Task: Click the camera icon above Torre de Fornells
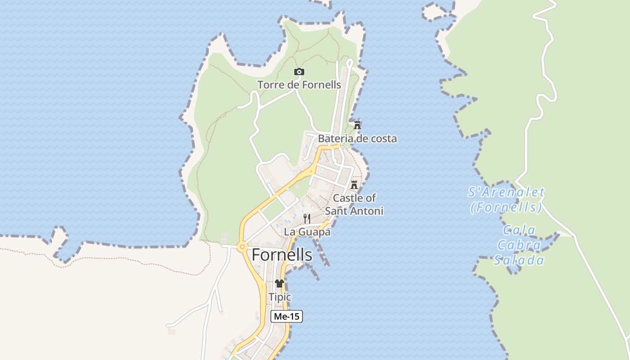[299, 72]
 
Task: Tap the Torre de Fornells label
[299, 85]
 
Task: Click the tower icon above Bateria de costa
[357, 125]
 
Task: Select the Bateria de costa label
[357, 139]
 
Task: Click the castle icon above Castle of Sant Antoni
[354, 184]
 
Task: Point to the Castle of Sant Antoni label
[354, 204]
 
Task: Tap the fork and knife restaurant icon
[307, 219]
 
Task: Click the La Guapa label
[307, 232]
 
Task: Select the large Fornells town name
[282, 255]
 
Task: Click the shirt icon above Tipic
[279, 283]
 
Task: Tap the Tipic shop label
[279, 297]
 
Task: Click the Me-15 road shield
[287, 316]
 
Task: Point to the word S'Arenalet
[506, 193]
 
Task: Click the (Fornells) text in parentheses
[506, 207]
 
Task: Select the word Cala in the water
[519, 230]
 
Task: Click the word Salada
[519, 261]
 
